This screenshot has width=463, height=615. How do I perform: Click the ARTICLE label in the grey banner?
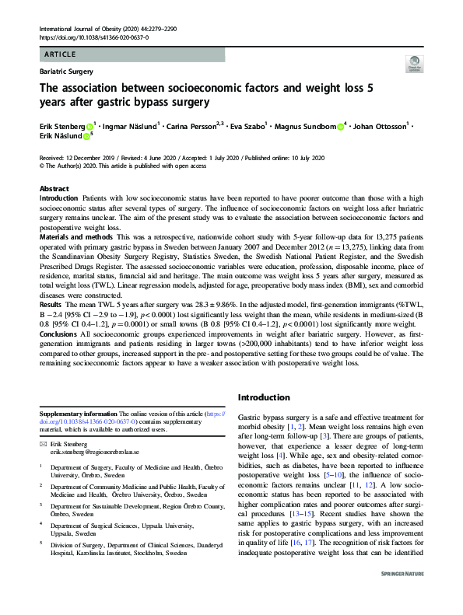pyautogui.click(x=59, y=54)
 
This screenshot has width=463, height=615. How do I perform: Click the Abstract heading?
pyautogui.click(x=54, y=189)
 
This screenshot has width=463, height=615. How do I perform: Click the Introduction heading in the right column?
pyautogui.click(x=263, y=397)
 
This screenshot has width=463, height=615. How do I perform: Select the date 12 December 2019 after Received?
pyautogui.click(x=99, y=156)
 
